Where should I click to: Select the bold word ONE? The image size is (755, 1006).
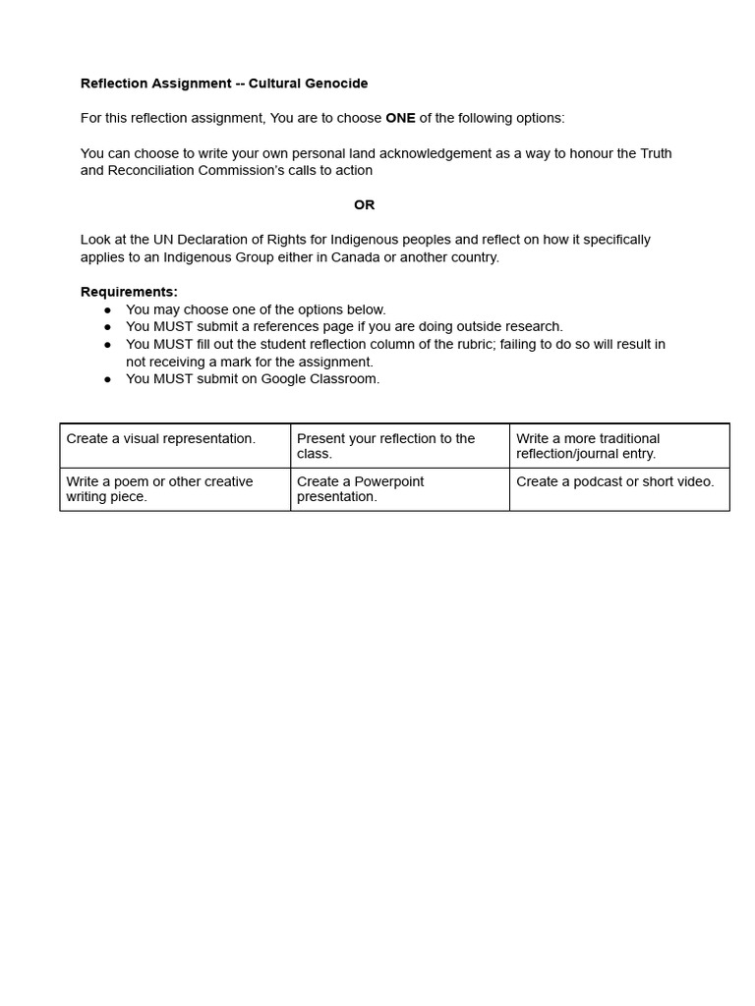point(400,118)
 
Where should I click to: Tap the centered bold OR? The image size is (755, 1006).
point(365,204)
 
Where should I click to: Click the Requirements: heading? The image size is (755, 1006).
point(129,292)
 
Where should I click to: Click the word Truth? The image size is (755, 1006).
point(656,153)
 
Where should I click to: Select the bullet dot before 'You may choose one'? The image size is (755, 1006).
point(108,309)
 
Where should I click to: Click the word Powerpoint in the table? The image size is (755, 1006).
point(389,481)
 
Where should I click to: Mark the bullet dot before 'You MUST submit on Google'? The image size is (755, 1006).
point(108,379)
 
